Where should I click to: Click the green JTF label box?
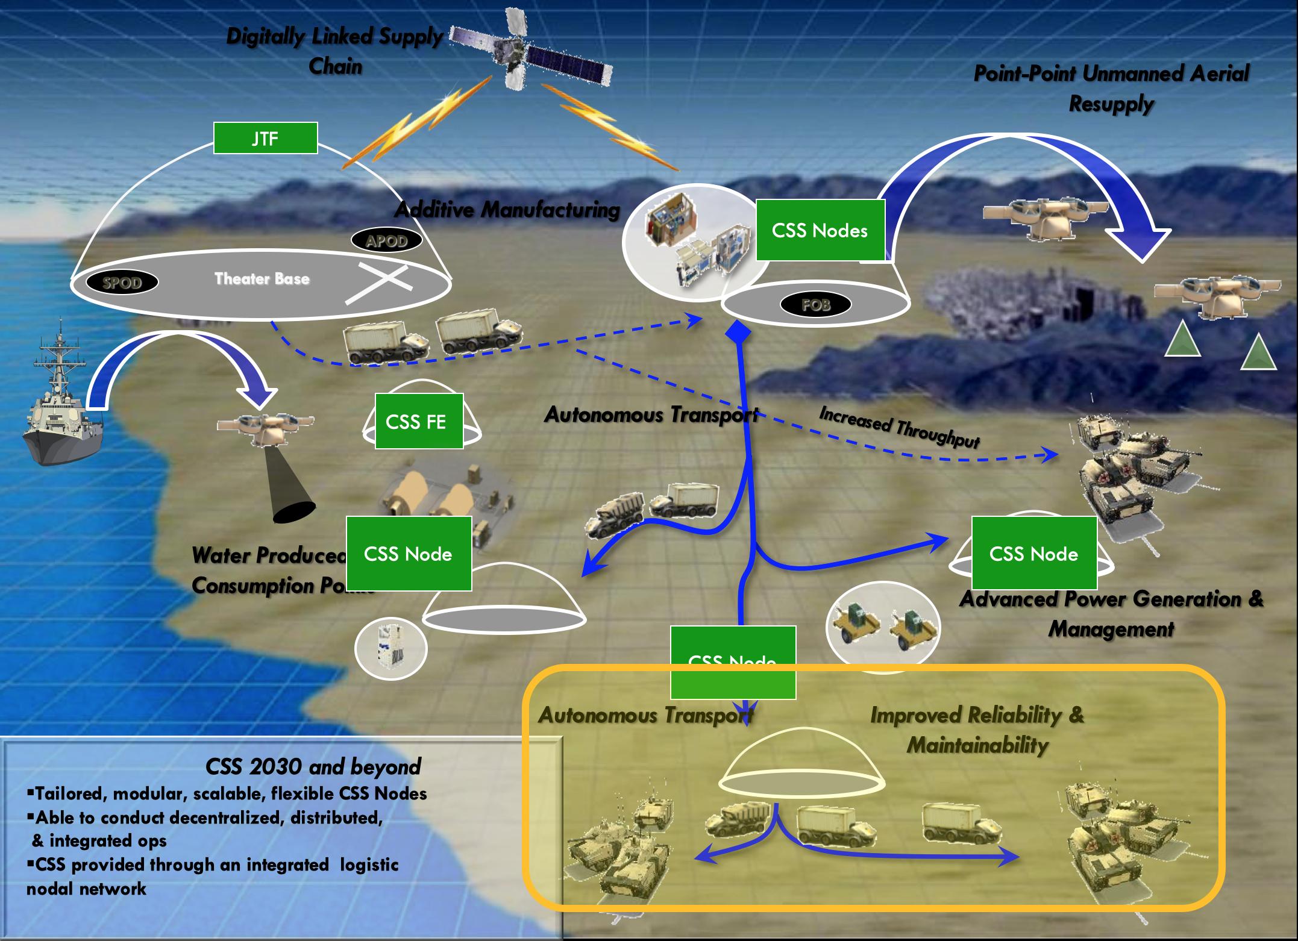click(x=265, y=138)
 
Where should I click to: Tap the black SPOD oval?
click(x=122, y=282)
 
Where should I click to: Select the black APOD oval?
click(x=386, y=240)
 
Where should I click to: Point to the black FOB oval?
click(x=815, y=304)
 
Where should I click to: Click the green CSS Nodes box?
click(x=820, y=230)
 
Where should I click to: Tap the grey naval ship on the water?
click(x=60, y=410)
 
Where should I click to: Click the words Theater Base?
click(x=262, y=278)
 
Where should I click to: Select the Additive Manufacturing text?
click(x=507, y=210)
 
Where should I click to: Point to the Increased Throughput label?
click(x=899, y=427)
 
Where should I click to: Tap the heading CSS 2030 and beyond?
click(x=313, y=766)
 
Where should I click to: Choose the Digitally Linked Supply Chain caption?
click(x=335, y=50)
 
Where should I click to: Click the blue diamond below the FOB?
click(x=738, y=332)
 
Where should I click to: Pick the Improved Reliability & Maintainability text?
click(x=977, y=730)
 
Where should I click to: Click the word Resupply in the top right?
click(x=1111, y=104)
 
